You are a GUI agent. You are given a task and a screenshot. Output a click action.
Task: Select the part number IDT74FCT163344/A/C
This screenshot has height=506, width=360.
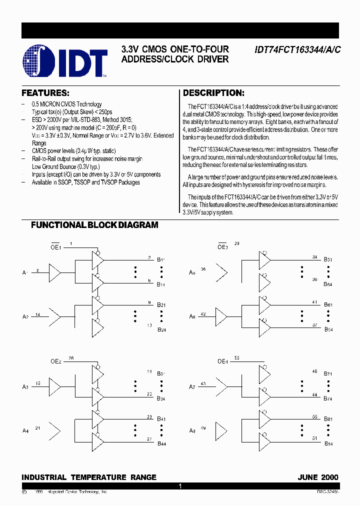click(x=297, y=49)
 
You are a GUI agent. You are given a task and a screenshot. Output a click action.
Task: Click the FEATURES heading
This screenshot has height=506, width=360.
click(x=45, y=93)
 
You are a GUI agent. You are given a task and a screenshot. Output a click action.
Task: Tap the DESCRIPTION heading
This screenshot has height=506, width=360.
click(x=213, y=93)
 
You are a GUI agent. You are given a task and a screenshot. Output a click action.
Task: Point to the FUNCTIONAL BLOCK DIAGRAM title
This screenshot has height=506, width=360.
click(x=94, y=225)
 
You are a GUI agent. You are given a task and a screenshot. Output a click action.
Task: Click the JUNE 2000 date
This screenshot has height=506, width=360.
click(x=318, y=477)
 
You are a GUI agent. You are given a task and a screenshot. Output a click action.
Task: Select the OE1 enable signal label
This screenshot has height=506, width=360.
click(x=55, y=247)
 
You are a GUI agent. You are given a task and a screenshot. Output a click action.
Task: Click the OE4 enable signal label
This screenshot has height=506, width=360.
click(x=222, y=361)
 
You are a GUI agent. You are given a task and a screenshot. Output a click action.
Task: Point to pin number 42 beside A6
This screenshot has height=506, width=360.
click(x=203, y=314)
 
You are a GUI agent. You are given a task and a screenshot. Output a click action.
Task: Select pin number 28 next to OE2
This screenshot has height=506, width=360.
click(x=71, y=358)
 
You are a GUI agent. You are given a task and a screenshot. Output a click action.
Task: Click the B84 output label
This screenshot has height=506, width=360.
click(x=328, y=443)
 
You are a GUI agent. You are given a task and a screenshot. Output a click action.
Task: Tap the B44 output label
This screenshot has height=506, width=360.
click(x=161, y=443)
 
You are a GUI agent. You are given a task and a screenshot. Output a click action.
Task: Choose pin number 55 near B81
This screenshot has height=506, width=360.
click(x=314, y=416)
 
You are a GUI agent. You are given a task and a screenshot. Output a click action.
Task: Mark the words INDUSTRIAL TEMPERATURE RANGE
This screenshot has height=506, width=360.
click(x=89, y=477)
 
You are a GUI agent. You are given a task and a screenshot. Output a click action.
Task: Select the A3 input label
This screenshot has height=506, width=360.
click(x=25, y=387)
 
